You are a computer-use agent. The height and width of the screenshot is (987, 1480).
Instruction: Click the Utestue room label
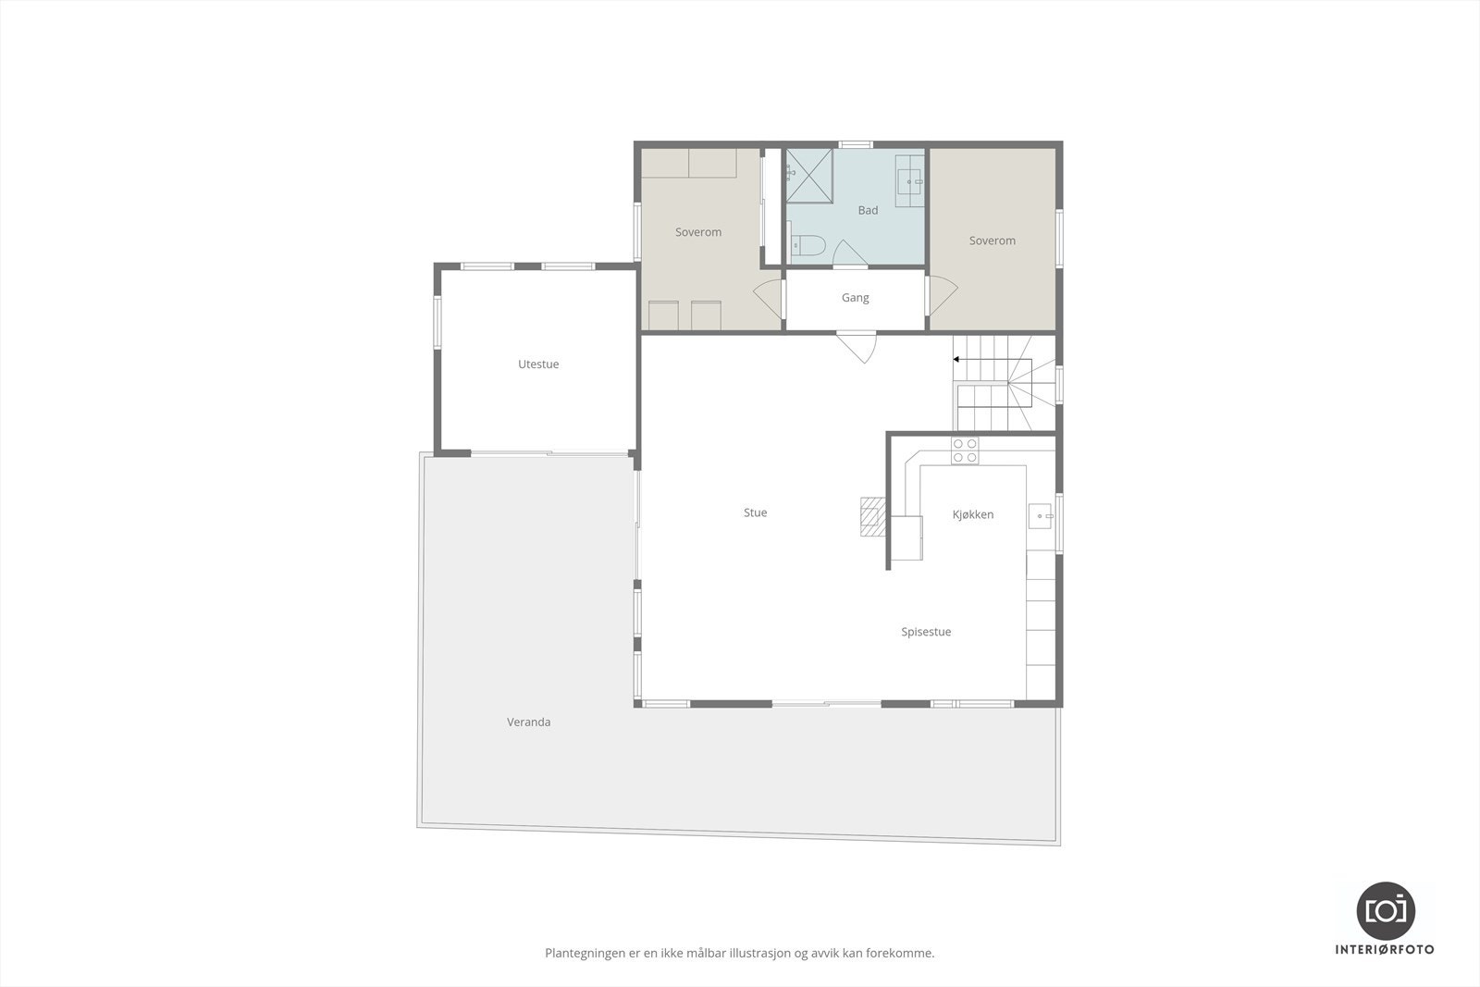click(x=538, y=364)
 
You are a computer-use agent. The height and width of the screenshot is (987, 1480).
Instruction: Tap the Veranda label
click(x=529, y=722)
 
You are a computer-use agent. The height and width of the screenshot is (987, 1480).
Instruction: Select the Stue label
click(x=755, y=512)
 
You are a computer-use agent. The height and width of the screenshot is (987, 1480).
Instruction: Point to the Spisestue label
click(x=926, y=632)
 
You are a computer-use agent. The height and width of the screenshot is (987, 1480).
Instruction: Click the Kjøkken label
click(x=973, y=514)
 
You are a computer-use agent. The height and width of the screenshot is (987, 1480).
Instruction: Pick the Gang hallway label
click(x=855, y=298)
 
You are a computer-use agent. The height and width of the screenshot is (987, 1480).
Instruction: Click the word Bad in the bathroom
click(x=868, y=210)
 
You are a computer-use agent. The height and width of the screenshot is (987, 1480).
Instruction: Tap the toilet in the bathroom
click(x=809, y=246)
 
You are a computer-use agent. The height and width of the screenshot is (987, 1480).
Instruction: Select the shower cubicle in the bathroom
click(x=809, y=175)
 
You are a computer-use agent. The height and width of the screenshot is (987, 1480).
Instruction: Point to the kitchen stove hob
click(x=965, y=450)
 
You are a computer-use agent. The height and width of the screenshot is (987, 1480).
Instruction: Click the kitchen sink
click(x=1041, y=515)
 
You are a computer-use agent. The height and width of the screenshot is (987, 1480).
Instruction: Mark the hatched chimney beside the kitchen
click(x=872, y=517)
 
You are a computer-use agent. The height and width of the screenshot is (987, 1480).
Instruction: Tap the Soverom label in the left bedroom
click(x=698, y=232)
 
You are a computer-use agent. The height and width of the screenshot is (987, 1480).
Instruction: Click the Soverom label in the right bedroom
click(x=993, y=241)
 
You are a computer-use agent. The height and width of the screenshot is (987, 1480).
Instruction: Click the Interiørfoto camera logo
click(x=1385, y=909)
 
